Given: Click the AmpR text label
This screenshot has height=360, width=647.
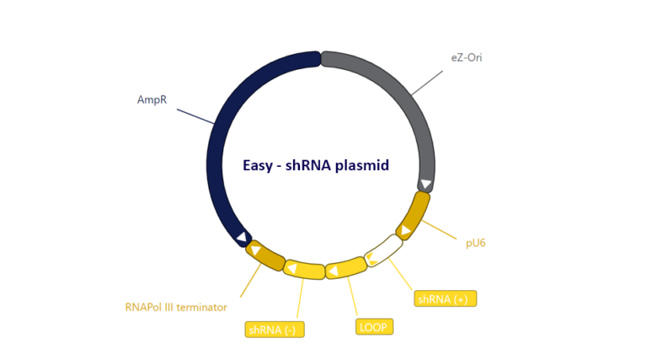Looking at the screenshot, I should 152,100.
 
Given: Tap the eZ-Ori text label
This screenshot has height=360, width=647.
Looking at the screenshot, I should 466,58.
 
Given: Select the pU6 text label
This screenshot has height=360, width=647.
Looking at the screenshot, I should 475,243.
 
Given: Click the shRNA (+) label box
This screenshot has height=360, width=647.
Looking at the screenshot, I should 445,298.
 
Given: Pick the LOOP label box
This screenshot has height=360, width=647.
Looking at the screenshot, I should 374,326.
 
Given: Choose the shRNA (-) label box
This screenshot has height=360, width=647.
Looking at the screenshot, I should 274,329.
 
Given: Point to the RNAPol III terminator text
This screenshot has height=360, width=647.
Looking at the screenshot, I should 175,307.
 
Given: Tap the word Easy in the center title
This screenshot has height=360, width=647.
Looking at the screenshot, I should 258,166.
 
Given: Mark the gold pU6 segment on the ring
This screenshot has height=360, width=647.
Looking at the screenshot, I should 414,216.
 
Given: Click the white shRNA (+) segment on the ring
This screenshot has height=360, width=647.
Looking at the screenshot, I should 383,250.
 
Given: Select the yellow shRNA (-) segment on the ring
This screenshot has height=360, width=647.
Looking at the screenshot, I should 304,270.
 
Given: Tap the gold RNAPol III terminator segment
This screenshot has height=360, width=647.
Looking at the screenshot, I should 265,255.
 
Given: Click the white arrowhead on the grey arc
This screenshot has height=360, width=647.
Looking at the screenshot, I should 426,185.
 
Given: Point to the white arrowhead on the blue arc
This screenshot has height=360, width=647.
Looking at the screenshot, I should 242,238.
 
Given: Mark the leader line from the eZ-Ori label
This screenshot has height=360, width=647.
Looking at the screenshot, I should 427,83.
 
